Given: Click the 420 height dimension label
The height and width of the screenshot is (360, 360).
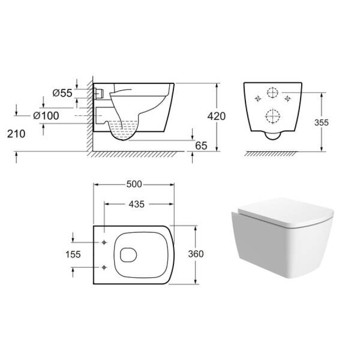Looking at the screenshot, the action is (x=216, y=116).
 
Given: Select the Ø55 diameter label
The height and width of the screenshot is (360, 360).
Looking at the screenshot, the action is (x=62, y=93).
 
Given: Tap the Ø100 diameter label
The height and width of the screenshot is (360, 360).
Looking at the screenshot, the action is (x=46, y=116).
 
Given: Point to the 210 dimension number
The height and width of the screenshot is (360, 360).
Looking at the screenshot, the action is (x=16, y=134).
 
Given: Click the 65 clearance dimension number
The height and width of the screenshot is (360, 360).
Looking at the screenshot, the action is (x=201, y=146).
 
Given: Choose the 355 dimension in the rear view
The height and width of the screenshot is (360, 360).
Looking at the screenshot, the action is (x=322, y=123).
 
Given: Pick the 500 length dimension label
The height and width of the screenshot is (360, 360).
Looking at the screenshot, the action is (x=134, y=184).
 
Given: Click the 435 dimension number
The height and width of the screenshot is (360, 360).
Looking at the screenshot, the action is (x=137, y=204).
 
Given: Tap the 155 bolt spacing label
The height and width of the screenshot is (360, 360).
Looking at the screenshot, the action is (x=73, y=254).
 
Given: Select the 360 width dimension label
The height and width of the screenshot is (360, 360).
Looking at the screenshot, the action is (x=196, y=254).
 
